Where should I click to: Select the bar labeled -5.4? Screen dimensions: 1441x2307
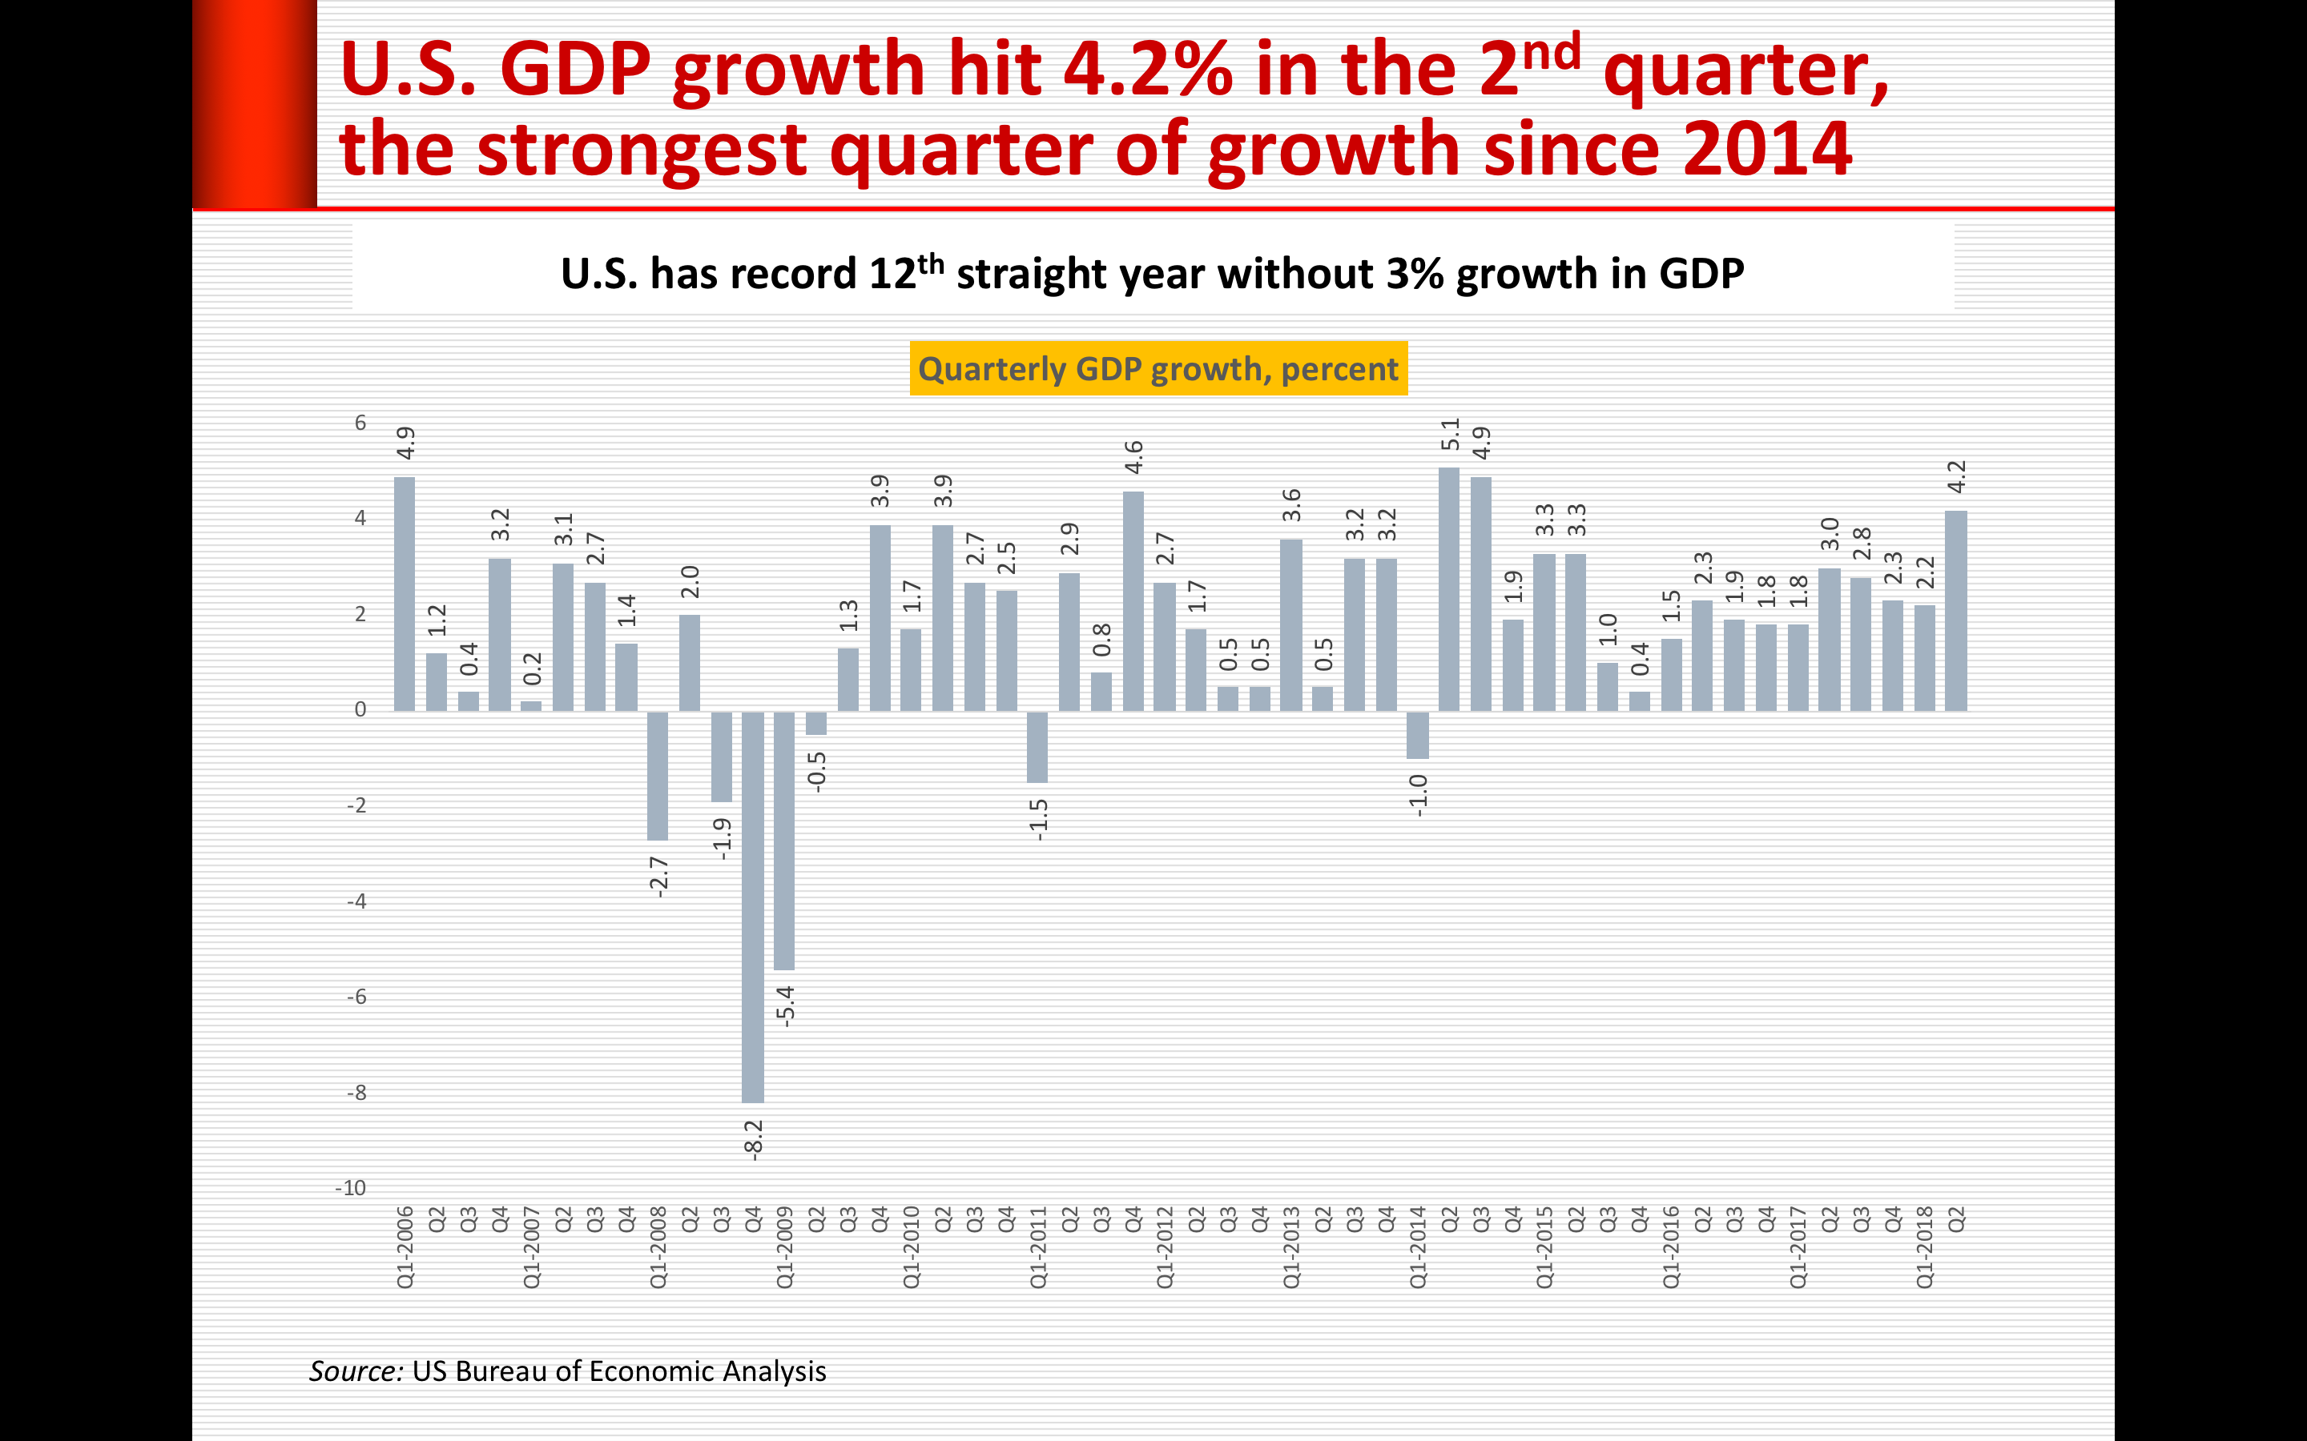tap(784, 841)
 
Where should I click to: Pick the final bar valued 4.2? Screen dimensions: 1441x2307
tap(1955, 611)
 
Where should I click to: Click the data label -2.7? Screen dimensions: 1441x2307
tap(658, 877)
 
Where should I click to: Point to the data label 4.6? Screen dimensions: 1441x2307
tap(1133, 457)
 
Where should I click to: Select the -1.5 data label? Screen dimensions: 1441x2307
tap(1038, 820)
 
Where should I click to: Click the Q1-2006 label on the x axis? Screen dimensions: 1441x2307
tap(405, 1246)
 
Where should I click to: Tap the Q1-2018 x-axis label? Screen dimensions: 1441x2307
tap(1924, 1246)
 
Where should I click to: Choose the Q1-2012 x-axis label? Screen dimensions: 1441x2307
tap(1165, 1246)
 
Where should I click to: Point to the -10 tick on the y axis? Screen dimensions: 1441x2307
tap(351, 1187)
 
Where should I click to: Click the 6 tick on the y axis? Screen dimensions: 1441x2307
tap(360, 422)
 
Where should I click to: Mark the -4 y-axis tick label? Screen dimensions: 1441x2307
tap(356, 901)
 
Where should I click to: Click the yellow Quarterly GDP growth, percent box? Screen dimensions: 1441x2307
tap(1158, 369)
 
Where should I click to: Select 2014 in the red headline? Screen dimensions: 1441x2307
tap(1766, 149)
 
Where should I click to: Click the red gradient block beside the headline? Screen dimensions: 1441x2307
tap(255, 103)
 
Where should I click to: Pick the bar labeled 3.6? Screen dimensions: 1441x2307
tap(1290, 625)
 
